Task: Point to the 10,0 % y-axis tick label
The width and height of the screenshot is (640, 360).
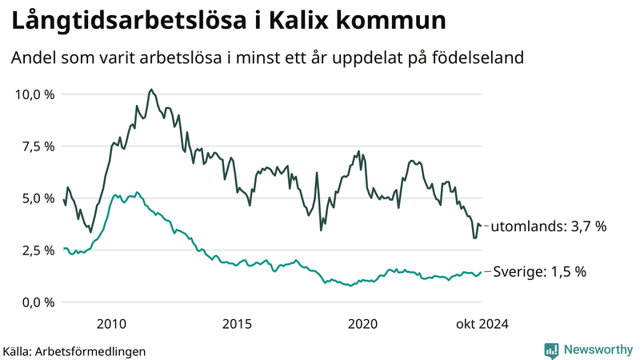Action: point(35,94)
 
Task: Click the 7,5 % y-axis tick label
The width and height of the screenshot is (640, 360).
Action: point(38,146)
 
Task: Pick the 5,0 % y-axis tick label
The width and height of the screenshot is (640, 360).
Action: point(38,198)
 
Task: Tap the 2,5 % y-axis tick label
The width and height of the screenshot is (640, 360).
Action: point(38,250)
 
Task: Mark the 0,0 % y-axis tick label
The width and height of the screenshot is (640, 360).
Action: point(38,302)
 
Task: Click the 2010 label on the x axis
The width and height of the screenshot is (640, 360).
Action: point(111,323)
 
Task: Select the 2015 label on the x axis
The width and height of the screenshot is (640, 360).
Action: point(237,323)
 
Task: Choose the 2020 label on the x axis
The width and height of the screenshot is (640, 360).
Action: point(362,323)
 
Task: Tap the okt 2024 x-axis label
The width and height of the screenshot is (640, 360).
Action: point(482,323)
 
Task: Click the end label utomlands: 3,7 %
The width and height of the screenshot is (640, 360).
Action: point(548,226)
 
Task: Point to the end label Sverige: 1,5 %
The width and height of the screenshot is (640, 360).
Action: point(538,272)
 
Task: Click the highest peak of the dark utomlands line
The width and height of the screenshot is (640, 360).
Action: point(151,90)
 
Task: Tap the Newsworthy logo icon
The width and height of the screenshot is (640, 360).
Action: point(551,350)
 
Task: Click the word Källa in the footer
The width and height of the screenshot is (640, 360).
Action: point(18,350)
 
